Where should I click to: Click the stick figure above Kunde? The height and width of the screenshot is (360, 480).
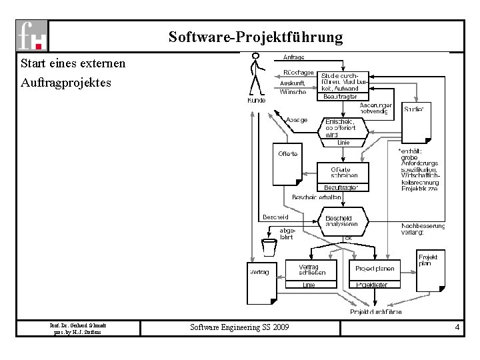coord(255,74)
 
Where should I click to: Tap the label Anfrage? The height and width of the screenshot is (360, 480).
coord(294,57)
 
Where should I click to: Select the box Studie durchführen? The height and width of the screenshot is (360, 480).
coord(341,82)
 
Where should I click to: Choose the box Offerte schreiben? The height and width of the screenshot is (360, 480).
coord(344,172)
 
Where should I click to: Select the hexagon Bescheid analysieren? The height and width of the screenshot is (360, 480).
coord(343,221)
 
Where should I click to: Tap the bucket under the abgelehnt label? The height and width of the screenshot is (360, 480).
coord(269,247)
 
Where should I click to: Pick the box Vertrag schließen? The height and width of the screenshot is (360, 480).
coord(308,270)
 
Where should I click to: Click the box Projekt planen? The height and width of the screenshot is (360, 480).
coord(374,269)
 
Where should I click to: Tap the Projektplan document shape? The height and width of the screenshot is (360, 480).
coord(430,270)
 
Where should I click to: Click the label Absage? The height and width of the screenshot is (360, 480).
coord(297,120)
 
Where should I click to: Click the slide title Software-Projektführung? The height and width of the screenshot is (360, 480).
coord(255,36)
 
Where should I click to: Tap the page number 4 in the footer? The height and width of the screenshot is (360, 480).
coord(457,327)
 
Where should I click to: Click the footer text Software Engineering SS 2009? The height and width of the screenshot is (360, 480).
coord(240,327)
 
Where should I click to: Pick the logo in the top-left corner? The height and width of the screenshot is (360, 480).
coord(33,35)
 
